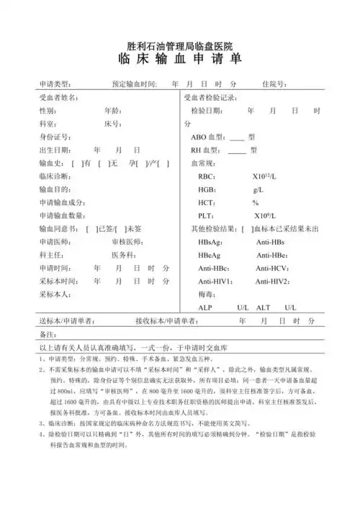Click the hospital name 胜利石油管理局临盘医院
tap(179, 45)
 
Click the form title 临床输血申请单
tap(179, 61)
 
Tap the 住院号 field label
tap(275, 84)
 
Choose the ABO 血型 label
tap(207, 137)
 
